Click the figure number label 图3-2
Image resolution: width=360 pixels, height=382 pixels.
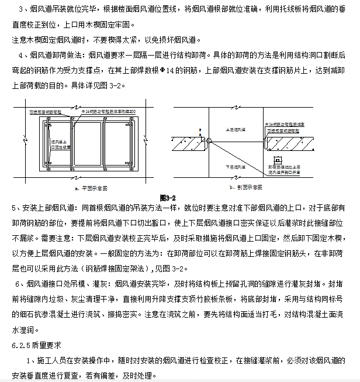click(x=168, y=198)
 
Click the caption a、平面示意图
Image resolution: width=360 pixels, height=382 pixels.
click(x=92, y=188)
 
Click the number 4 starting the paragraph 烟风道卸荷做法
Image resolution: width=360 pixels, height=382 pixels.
click(x=20, y=55)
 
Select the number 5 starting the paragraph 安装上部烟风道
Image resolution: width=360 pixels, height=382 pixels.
click(x=15, y=208)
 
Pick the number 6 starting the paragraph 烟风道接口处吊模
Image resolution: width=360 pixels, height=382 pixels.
click(x=20, y=284)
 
